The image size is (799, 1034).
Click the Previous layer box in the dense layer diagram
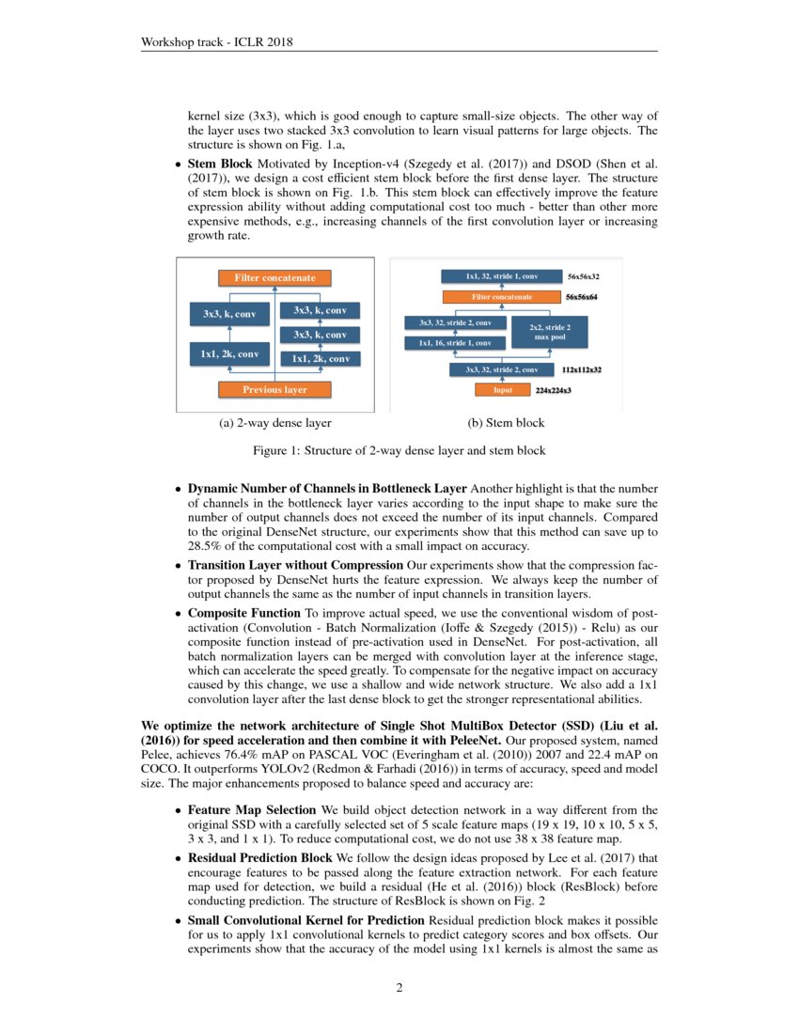click(x=274, y=389)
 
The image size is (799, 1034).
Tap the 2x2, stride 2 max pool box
click(x=544, y=332)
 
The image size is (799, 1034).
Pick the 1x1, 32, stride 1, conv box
click(x=502, y=277)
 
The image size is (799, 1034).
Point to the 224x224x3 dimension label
click(x=554, y=389)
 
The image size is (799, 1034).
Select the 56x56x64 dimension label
click(x=583, y=297)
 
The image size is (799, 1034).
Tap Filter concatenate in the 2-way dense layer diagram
click(x=274, y=277)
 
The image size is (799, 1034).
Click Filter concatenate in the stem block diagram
click(x=502, y=297)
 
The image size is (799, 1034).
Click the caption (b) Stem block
click(x=507, y=424)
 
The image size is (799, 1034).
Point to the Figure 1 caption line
click(x=399, y=451)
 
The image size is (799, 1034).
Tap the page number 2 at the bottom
click(x=399, y=988)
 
